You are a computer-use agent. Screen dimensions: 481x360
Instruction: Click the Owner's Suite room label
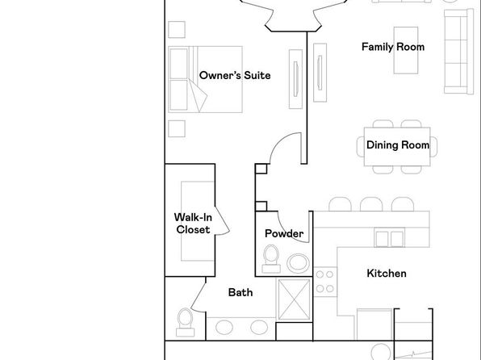click(235, 75)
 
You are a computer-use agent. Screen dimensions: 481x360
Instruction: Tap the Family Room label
click(393, 47)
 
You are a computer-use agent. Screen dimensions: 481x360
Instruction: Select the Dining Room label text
click(398, 144)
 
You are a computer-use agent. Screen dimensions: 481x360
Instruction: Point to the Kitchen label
click(387, 273)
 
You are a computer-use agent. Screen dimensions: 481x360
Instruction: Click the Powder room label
click(284, 233)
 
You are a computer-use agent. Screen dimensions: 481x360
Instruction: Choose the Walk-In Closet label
click(193, 224)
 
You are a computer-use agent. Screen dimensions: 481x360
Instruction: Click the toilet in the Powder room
click(271, 259)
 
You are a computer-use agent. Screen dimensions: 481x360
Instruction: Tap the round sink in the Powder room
click(298, 263)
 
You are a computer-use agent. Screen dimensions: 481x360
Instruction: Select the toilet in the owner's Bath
click(186, 322)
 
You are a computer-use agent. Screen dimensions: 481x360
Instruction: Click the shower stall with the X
click(294, 299)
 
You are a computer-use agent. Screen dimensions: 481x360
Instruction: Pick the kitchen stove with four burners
click(325, 282)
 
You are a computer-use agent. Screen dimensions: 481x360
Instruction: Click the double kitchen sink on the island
click(389, 237)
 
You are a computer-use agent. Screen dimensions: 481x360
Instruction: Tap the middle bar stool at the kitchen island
click(371, 204)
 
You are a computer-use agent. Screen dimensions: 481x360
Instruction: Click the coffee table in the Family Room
click(406, 50)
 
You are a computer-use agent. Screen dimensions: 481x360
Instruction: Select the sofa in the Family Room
click(458, 51)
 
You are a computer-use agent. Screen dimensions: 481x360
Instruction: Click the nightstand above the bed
click(177, 30)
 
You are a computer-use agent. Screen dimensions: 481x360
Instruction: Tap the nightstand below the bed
click(177, 128)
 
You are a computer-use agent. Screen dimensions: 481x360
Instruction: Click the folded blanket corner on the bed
click(197, 96)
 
